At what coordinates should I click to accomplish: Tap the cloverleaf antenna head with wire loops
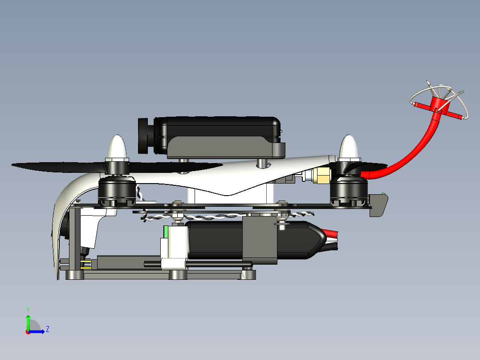(439, 102)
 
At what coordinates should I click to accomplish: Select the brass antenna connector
(321, 176)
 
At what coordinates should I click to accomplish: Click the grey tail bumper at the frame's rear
(379, 205)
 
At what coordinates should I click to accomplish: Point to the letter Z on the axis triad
(47, 329)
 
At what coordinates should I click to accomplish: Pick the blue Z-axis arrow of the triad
(38, 331)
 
